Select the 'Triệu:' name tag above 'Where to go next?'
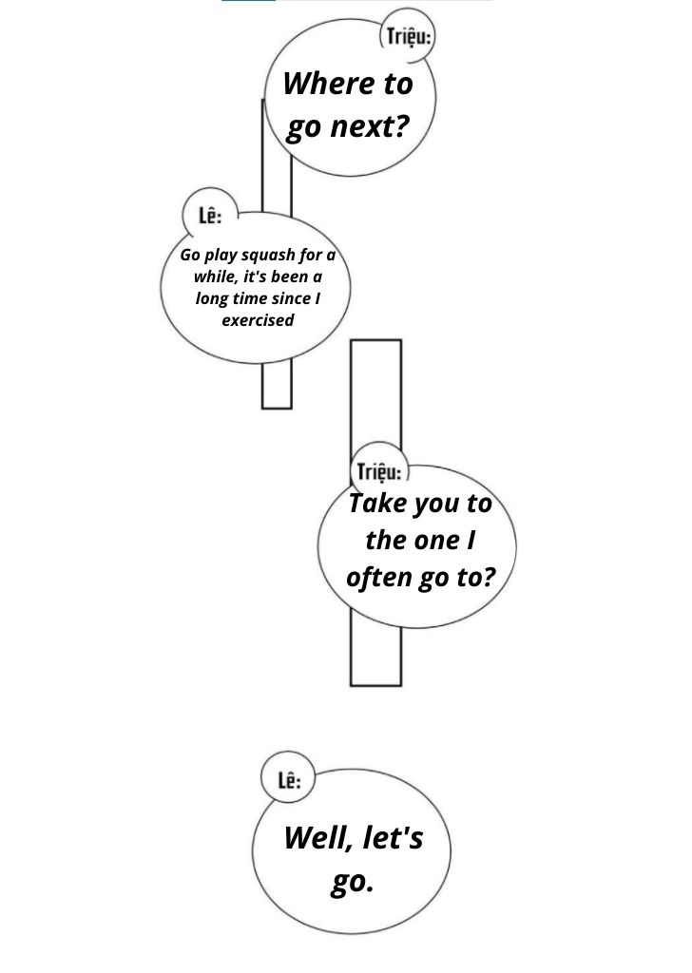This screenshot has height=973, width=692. [409, 37]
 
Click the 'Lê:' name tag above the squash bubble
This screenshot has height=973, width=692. [210, 216]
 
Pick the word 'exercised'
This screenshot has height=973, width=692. [258, 320]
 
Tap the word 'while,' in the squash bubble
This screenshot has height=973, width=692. [216, 277]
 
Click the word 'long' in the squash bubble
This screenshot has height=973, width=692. [212, 299]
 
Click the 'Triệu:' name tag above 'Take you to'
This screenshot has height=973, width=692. [379, 472]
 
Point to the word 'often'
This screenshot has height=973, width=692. [379, 577]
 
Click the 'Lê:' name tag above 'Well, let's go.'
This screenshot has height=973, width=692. [289, 780]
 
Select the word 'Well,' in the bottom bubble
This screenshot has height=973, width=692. [319, 838]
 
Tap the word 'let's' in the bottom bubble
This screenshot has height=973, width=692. [393, 838]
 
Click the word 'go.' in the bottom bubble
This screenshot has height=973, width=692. [352, 883]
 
